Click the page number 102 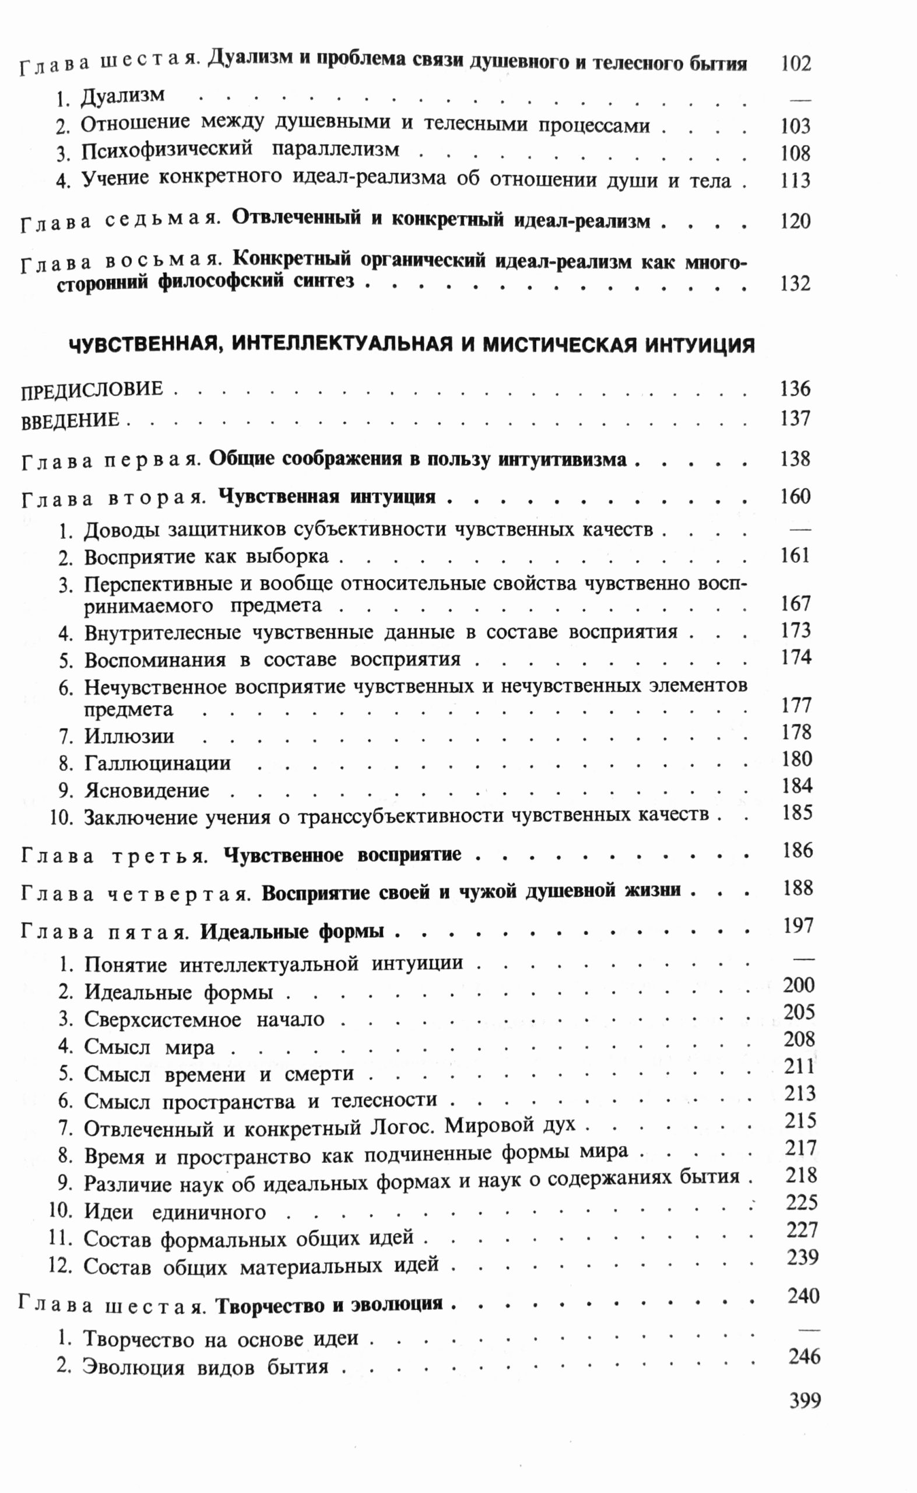795,63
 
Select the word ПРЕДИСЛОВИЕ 92,390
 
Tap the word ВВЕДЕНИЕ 71,420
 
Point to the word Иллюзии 129,736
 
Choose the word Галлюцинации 157,763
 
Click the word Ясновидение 147,790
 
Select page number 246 804,1357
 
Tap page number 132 795,283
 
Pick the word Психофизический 167,150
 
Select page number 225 802,1202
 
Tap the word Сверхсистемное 162,1019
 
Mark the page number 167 795,604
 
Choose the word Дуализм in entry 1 122,96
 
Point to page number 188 797,888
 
